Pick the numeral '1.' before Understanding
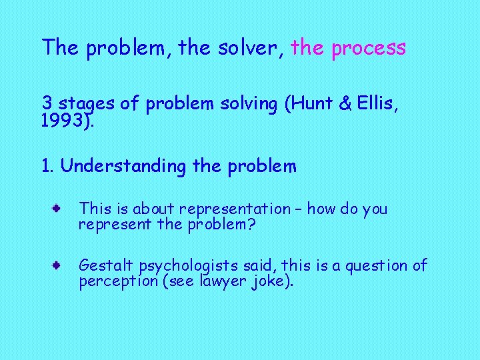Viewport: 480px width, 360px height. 47,166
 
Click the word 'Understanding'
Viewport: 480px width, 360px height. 123,167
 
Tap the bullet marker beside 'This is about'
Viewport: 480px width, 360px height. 59,209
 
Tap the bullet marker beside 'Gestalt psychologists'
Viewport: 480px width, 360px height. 59,265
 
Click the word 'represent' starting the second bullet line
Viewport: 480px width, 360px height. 107,225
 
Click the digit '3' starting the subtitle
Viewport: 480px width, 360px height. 47,103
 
